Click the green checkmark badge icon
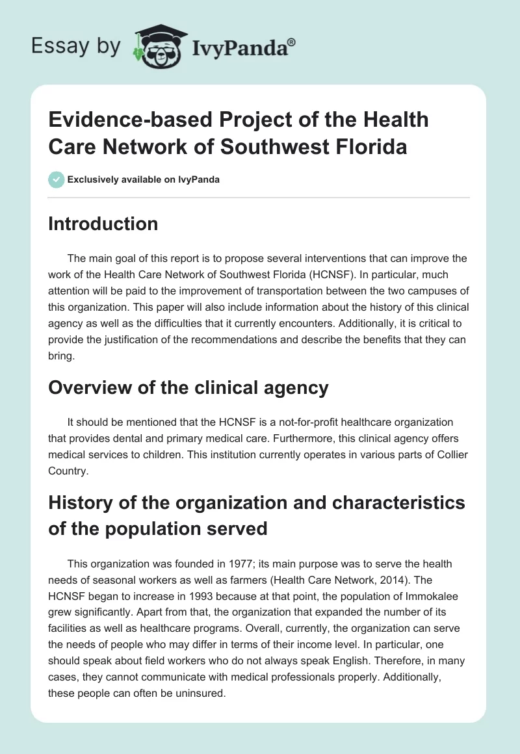tap(56, 179)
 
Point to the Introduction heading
tap(103, 224)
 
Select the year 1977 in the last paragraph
tap(240, 564)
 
